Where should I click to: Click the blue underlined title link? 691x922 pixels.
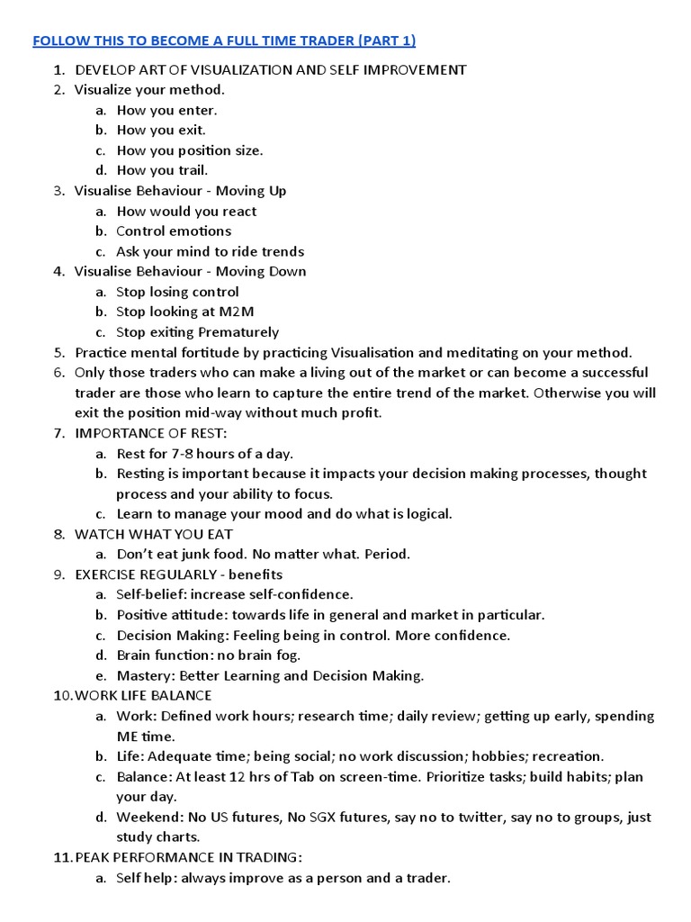[x=224, y=41]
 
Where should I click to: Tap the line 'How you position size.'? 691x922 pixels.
[x=190, y=150]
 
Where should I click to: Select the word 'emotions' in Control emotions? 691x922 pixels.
[x=201, y=231]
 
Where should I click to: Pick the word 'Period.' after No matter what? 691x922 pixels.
[x=387, y=555]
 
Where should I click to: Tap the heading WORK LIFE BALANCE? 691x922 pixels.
[x=143, y=695]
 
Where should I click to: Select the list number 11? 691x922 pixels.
[x=62, y=857]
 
